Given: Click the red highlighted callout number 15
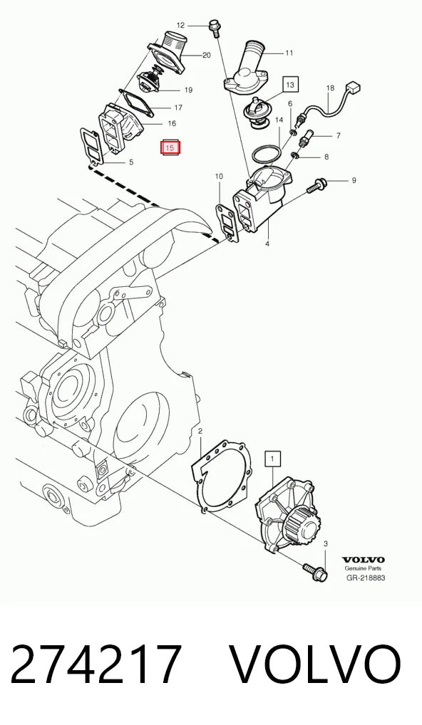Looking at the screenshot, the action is pos(170,148).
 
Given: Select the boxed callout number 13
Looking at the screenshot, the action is pos(290,85).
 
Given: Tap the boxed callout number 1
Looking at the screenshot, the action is pos(272,459).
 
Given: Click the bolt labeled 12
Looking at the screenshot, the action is pos(215,28).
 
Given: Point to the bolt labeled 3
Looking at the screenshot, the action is pos(315,571).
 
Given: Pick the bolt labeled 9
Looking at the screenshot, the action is pos(317,185).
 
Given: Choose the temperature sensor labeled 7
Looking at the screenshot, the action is pos(307,139).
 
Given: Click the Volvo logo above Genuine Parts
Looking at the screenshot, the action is pos(363,560).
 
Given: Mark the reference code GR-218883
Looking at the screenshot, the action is pos(366,578).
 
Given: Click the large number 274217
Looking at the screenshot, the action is pos(96,664).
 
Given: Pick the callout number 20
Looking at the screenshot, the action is pos(207,56).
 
